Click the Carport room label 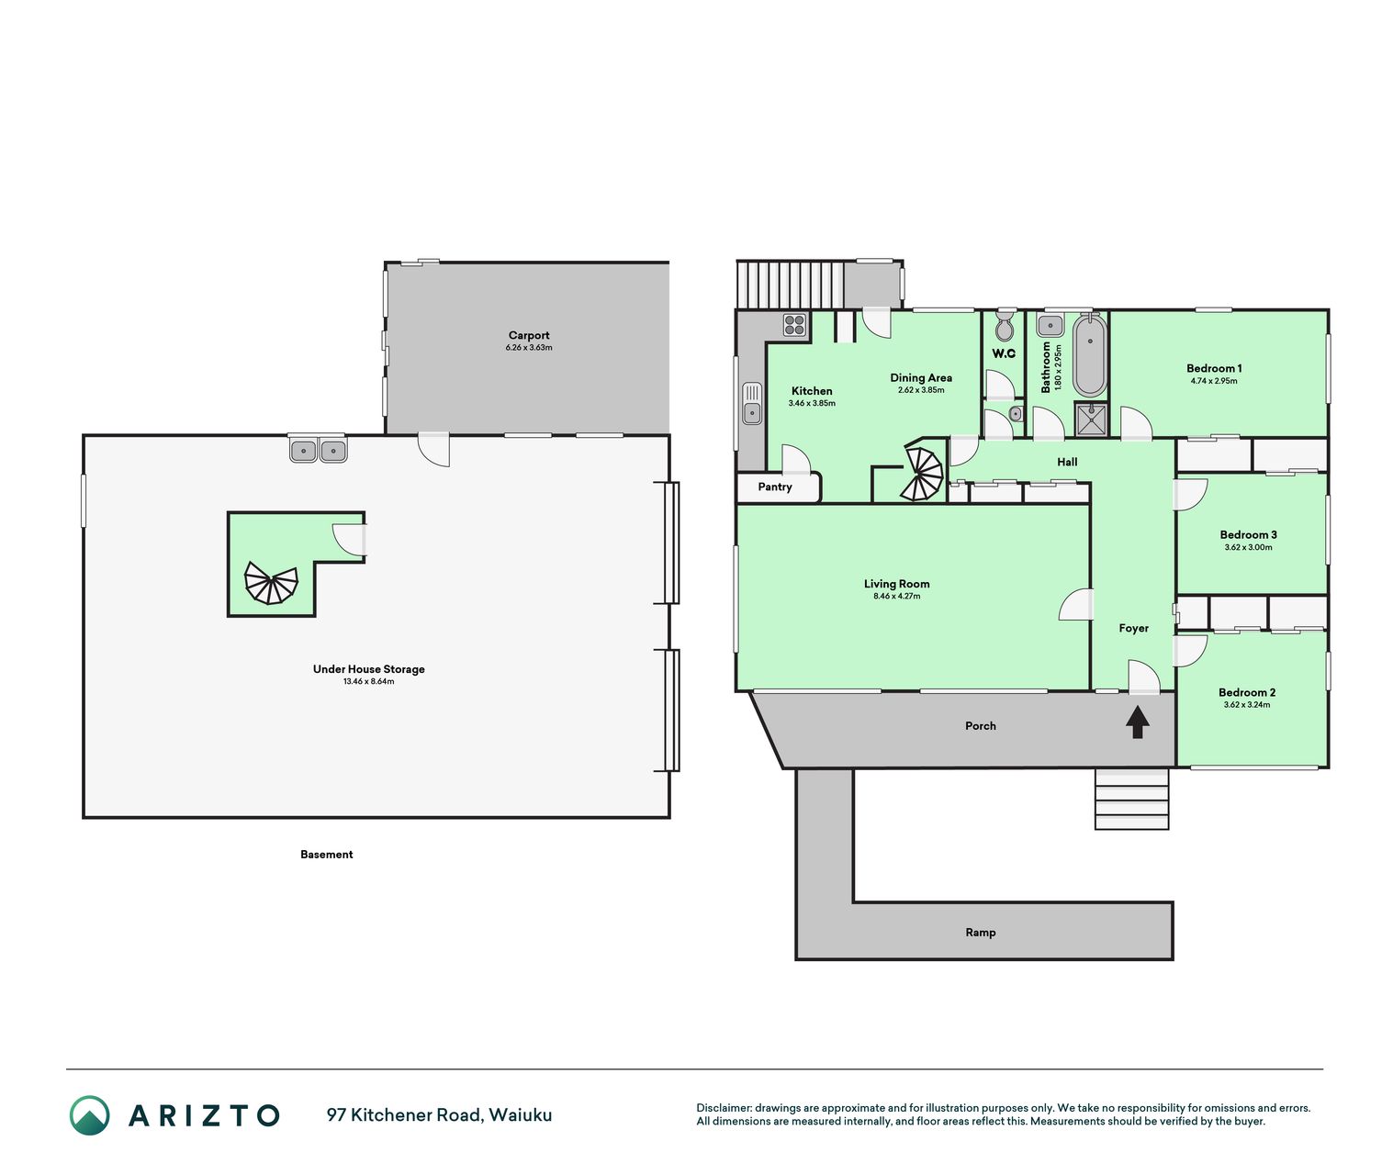tap(528, 335)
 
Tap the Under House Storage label tap(368, 669)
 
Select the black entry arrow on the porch tap(1138, 722)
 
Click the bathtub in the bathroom tap(1090, 355)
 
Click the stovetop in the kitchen tap(794, 325)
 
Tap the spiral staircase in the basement tap(271, 583)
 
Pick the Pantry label tap(775, 487)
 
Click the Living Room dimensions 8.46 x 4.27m tap(896, 596)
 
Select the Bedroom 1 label tap(1214, 368)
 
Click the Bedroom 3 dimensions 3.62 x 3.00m tap(1248, 547)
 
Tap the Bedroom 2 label tap(1247, 692)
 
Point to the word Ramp tap(980, 933)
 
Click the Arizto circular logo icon tap(89, 1115)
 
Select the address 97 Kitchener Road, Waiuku tap(439, 1115)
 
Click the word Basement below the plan tap(326, 855)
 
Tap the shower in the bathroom tap(1091, 420)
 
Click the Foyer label tap(1133, 628)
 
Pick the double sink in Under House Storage tap(319, 450)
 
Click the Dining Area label tap(921, 378)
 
